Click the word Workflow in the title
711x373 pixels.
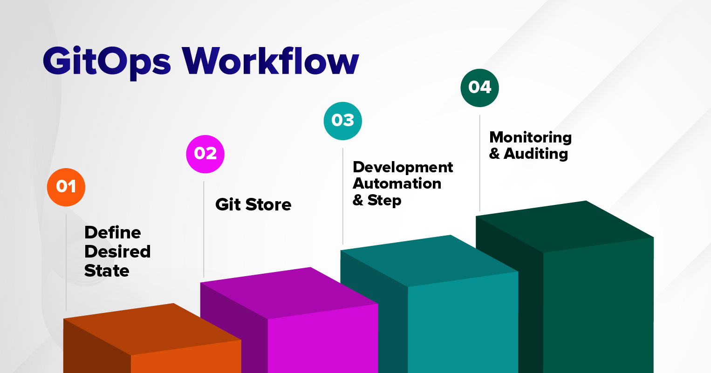pyautogui.click(x=270, y=61)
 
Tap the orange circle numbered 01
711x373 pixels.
pyautogui.click(x=66, y=187)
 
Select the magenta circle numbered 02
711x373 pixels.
pyautogui.click(x=205, y=154)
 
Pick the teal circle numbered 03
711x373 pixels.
pyautogui.click(x=343, y=121)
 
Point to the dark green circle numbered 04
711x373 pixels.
pyautogui.click(x=479, y=88)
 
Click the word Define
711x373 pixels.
pyautogui.click(x=113, y=232)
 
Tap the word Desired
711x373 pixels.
pyautogui.click(x=117, y=251)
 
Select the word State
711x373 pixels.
pyautogui.click(x=107, y=271)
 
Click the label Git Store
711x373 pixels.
pyautogui.click(x=253, y=204)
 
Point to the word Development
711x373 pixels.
pyautogui.click(x=403, y=168)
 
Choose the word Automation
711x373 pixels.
pyautogui.click(x=397, y=183)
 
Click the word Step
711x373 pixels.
pyautogui.click(x=384, y=200)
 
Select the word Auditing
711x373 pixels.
pyautogui.click(x=536, y=154)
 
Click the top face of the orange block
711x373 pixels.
pyautogui.click(x=152, y=329)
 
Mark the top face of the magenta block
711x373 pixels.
pyautogui.click(x=289, y=293)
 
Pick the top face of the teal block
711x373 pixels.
pyautogui.click(x=429, y=261)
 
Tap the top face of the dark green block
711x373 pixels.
pyautogui.click(x=565, y=227)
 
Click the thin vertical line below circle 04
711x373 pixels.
pyautogui.click(x=479, y=163)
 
